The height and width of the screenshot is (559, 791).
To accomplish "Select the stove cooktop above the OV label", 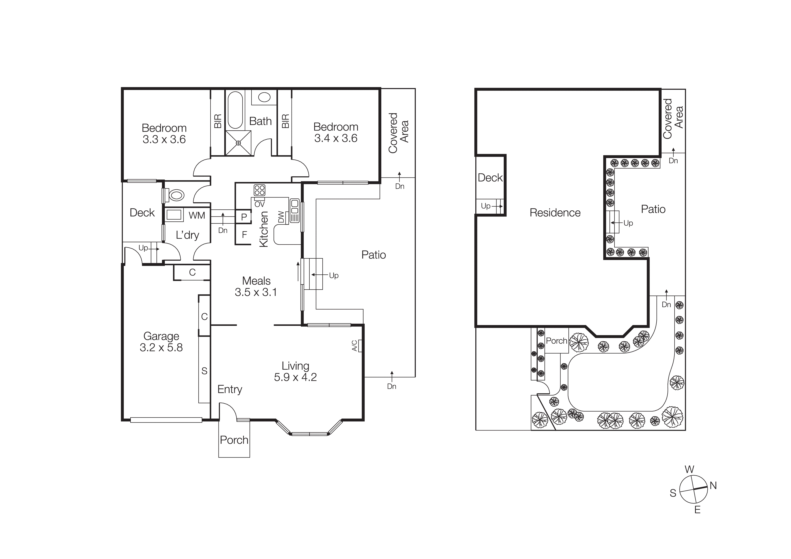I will tap(259, 190).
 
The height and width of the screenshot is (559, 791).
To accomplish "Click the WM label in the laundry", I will tap(197, 215).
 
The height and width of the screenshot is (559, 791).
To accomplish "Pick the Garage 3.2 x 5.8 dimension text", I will tap(161, 347).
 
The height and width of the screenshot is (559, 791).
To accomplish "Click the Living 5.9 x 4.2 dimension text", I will tap(295, 377).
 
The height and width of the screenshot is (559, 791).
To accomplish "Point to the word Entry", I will tap(230, 389).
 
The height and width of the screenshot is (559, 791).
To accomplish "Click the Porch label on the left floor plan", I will tap(234, 440).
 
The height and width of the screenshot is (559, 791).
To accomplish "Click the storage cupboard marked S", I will tap(204, 371).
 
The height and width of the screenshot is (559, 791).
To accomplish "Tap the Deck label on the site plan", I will tap(490, 177).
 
